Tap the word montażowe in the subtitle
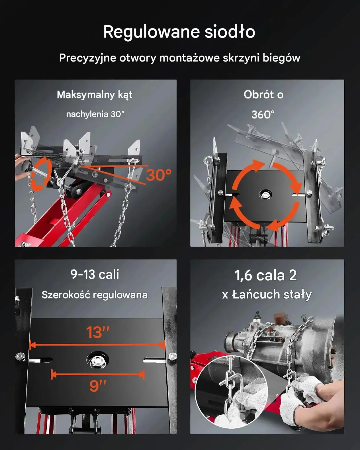(x=189, y=58)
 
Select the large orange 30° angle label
(x=159, y=175)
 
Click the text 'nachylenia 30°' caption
(x=95, y=114)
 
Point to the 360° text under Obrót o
(x=263, y=114)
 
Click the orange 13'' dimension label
(x=98, y=332)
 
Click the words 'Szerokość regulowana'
(x=95, y=295)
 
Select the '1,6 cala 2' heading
(x=265, y=275)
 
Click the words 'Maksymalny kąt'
(x=95, y=95)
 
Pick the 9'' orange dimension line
(x=97, y=374)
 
